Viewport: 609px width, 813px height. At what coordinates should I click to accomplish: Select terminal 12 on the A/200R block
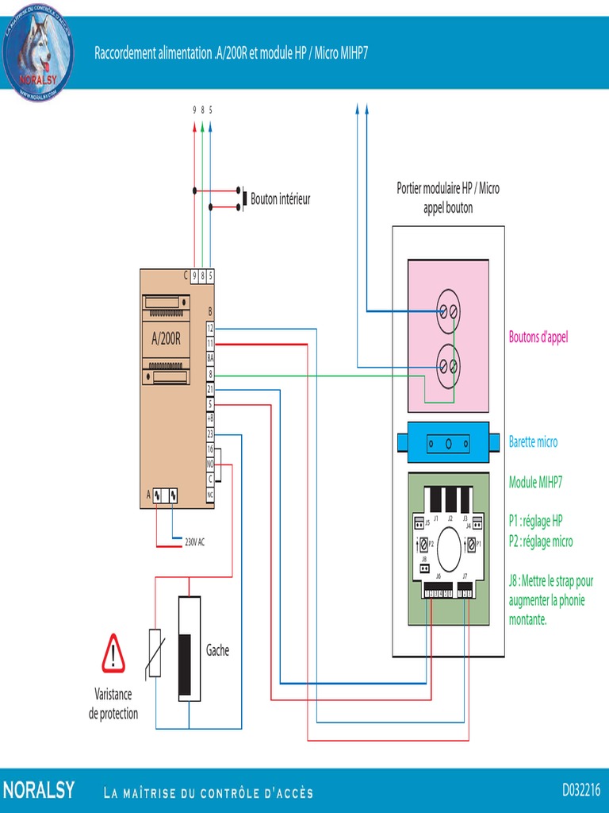210,328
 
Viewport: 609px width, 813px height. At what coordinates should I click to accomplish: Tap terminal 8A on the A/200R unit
210,358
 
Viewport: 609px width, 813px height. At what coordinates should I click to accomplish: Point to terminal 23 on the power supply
210,434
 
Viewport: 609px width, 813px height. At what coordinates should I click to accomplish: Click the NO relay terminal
210,464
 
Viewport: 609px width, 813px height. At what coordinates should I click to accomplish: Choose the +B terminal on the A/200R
210,419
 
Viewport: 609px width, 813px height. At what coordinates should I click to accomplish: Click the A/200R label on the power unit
167,338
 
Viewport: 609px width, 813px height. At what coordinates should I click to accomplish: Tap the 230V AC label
195,542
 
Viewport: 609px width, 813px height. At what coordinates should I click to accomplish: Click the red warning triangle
113,653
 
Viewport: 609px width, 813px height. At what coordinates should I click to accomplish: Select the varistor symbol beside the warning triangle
155,653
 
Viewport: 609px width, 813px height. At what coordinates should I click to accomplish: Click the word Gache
217,650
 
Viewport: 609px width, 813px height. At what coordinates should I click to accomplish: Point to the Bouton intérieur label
280,199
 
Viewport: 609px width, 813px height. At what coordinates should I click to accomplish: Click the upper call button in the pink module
449,313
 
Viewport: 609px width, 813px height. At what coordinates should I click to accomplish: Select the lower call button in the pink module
449,366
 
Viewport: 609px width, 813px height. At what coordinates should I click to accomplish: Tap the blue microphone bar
449,443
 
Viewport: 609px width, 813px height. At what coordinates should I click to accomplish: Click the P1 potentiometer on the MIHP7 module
473,545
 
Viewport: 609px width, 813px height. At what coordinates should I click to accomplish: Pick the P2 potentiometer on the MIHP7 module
425,545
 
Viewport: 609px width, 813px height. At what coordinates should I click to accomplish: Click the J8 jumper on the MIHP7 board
424,568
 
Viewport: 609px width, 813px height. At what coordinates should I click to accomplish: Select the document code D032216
581,790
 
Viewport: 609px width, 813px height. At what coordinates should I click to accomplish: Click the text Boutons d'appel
538,337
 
